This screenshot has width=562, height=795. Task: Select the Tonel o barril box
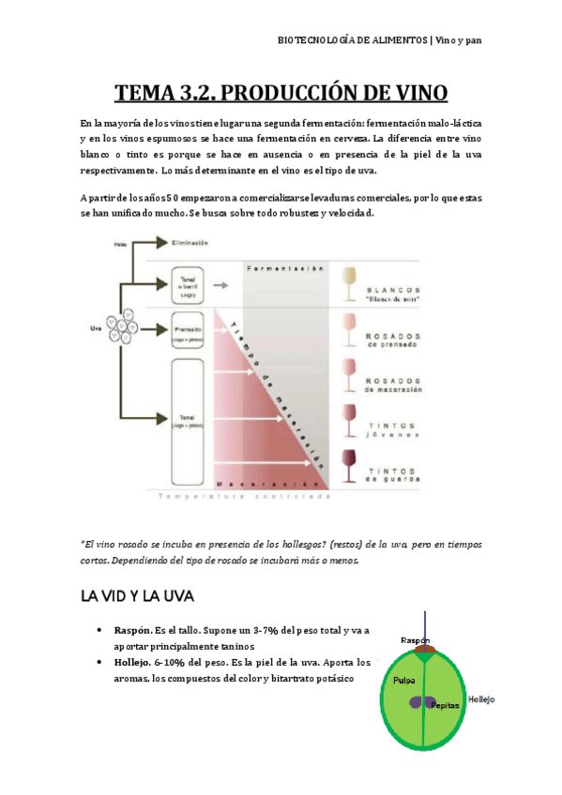(189, 281)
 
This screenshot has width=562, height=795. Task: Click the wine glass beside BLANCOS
(350, 283)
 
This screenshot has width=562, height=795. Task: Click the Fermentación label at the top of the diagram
(285, 269)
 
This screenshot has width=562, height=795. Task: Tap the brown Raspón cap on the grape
(424, 649)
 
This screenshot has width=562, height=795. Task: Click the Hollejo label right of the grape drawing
(480, 699)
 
